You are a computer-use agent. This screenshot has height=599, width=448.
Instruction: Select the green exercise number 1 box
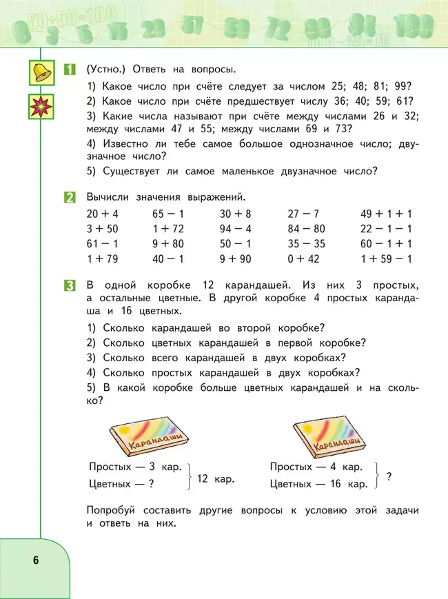click(x=70, y=69)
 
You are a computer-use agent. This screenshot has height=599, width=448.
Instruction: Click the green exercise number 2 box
click(x=70, y=197)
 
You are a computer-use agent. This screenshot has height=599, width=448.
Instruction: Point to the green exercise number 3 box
click(x=70, y=285)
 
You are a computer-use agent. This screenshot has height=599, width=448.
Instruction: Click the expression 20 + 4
click(x=103, y=214)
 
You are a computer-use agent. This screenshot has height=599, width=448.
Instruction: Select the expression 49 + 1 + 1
click(x=386, y=214)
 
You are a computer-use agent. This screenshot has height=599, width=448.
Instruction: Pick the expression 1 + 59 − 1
click(x=386, y=259)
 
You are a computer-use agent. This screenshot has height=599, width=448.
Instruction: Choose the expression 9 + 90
click(x=236, y=259)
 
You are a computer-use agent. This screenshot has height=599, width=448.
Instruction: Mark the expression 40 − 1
click(x=168, y=259)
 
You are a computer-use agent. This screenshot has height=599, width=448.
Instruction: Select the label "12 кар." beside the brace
click(x=215, y=478)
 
